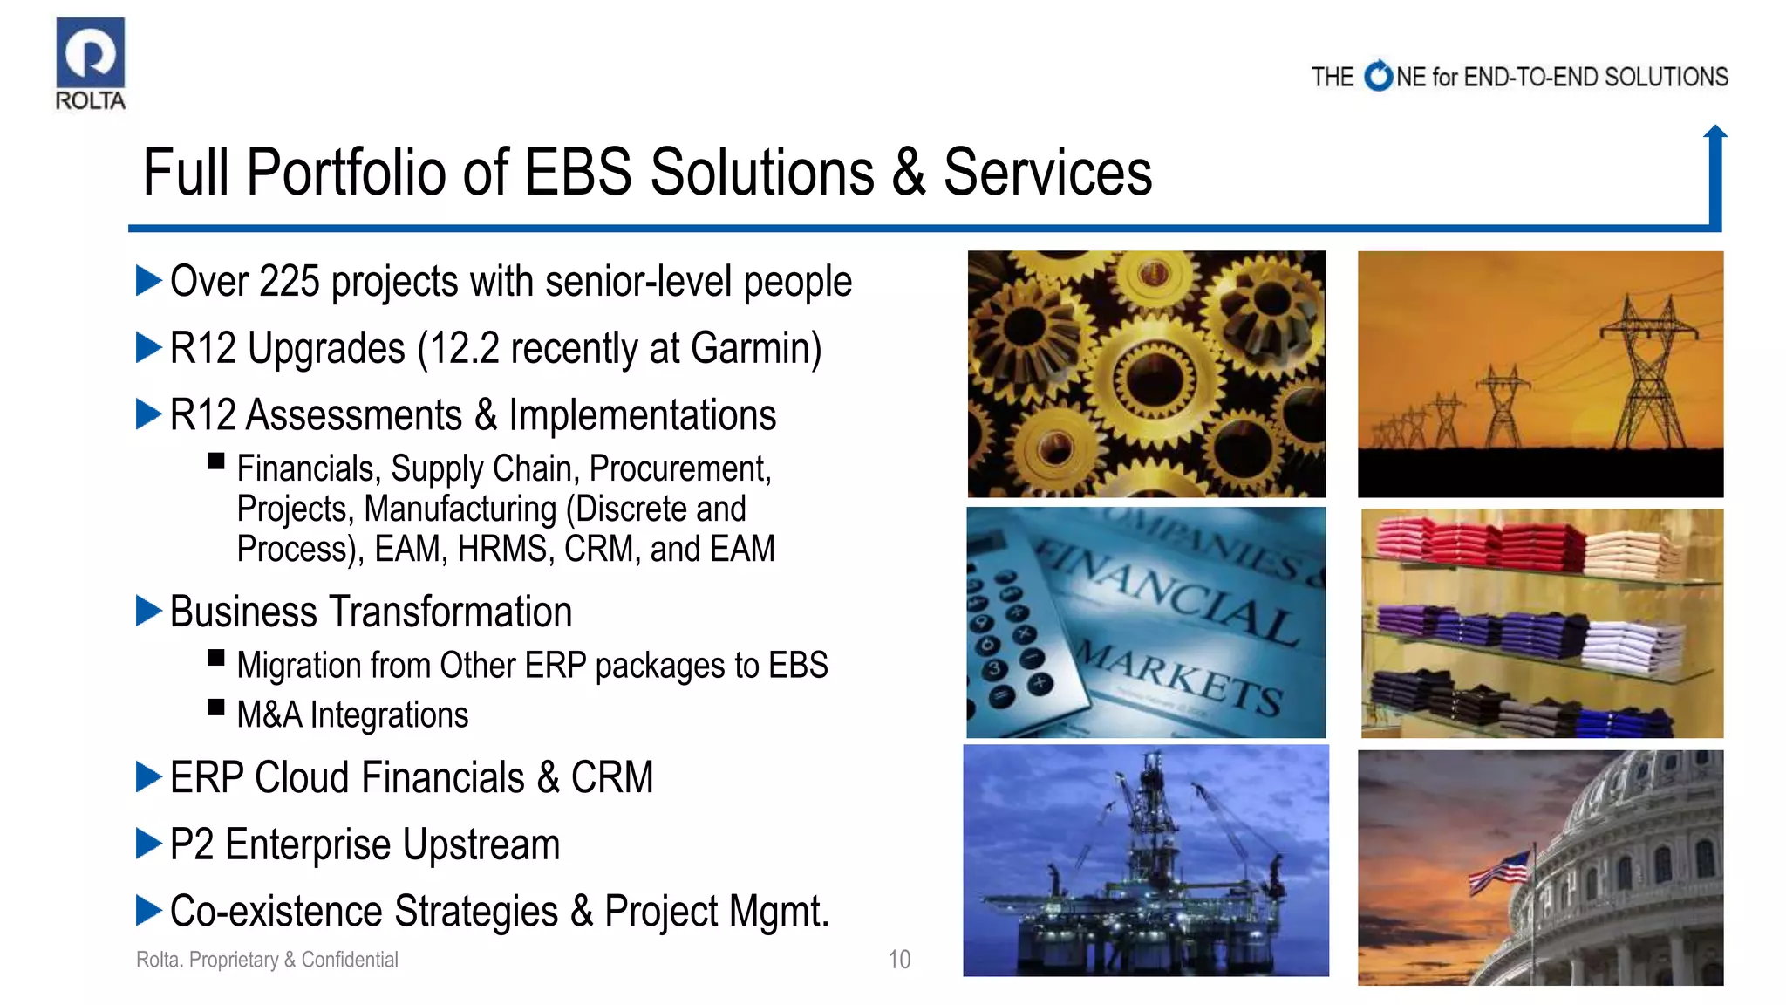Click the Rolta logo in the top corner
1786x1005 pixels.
pyautogui.click(x=90, y=63)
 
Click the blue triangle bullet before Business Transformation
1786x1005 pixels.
pyautogui.click(x=149, y=611)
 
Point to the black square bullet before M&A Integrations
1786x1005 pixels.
pyautogui.click(x=216, y=707)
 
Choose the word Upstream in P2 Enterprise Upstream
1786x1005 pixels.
pyautogui.click(x=481, y=844)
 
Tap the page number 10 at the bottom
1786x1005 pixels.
pyautogui.click(x=899, y=960)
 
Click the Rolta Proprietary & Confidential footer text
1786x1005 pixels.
pyautogui.click(x=267, y=960)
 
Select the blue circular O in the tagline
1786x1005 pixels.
pyautogui.click(x=1378, y=77)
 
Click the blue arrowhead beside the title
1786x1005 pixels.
pyautogui.click(x=1714, y=133)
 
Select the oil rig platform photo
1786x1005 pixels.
pyautogui.click(x=1146, y=860)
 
